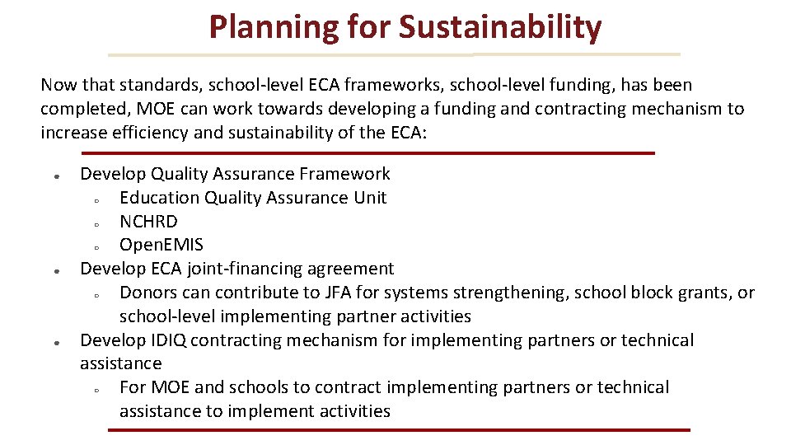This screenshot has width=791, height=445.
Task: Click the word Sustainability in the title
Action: (500, 26)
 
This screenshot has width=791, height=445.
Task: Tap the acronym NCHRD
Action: (148, 221)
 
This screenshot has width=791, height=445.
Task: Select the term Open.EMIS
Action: (161, 245)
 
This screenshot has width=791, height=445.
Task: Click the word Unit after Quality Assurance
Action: (370, 198)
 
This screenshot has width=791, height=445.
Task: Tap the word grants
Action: (706, 293)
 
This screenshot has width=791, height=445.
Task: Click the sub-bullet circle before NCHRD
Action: (96, 223)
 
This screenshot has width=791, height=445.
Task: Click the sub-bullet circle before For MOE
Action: (96, 389)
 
